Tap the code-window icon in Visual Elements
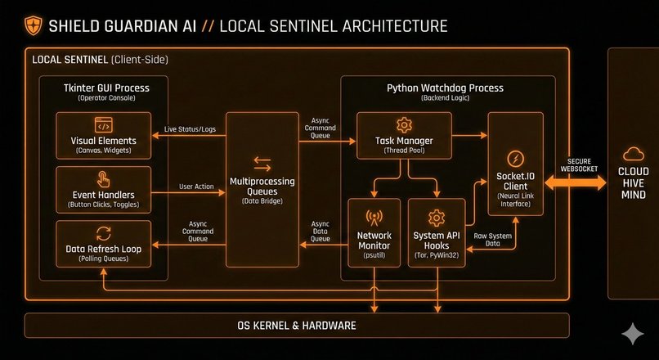point(103,125)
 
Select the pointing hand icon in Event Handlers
point(103,179)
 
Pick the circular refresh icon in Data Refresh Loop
point(103,232)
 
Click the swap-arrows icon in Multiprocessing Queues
point(262,164)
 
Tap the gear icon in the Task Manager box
point(403,125)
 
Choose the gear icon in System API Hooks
point(436,218)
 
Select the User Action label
point(196,187)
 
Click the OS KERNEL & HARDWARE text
point(296,326)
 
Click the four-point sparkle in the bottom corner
point(631,333)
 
